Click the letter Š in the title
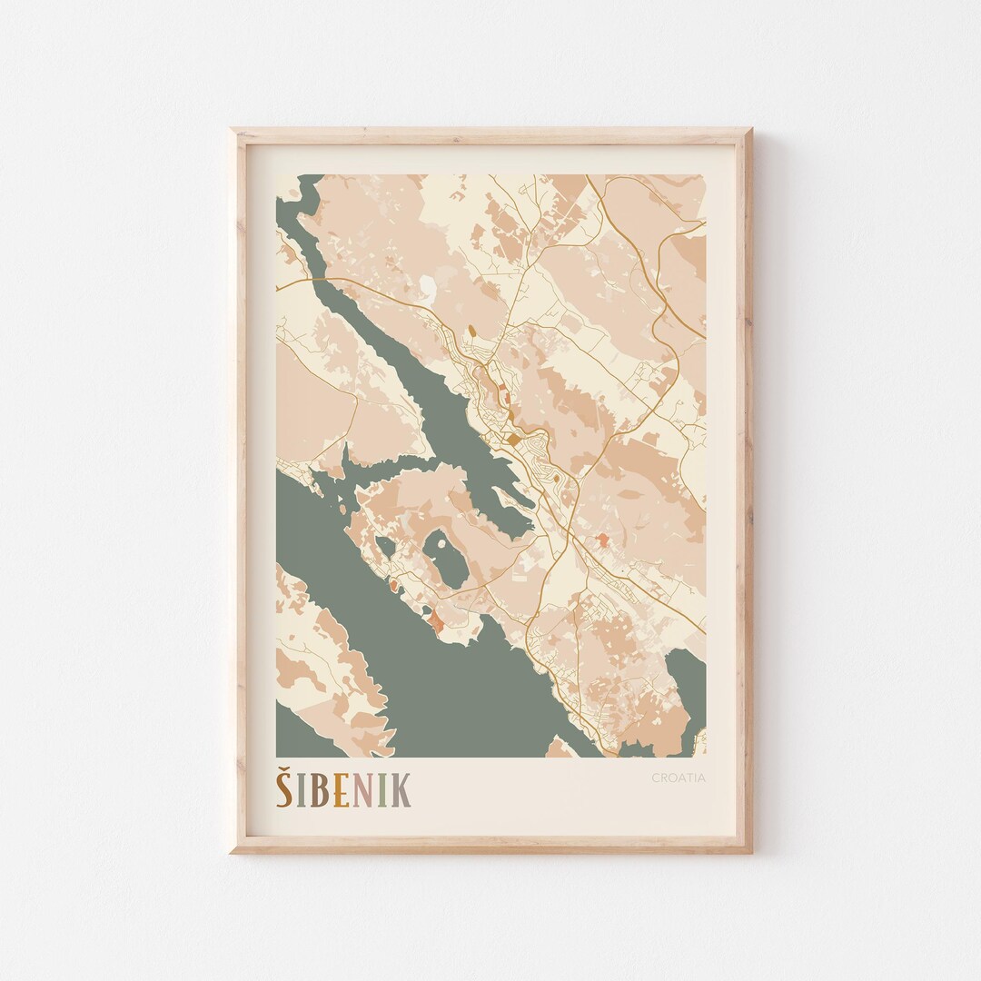point(284,788)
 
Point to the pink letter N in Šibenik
point(362,791)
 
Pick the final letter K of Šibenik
point(401,791)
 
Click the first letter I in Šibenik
point(301,791)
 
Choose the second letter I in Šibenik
point(381,791)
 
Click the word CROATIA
point(678,778)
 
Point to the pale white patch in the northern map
point(426,287)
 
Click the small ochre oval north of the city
point(472,333)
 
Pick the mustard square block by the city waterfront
point(513,440)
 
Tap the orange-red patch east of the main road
point(601,541)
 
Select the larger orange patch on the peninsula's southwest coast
point(436,622)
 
